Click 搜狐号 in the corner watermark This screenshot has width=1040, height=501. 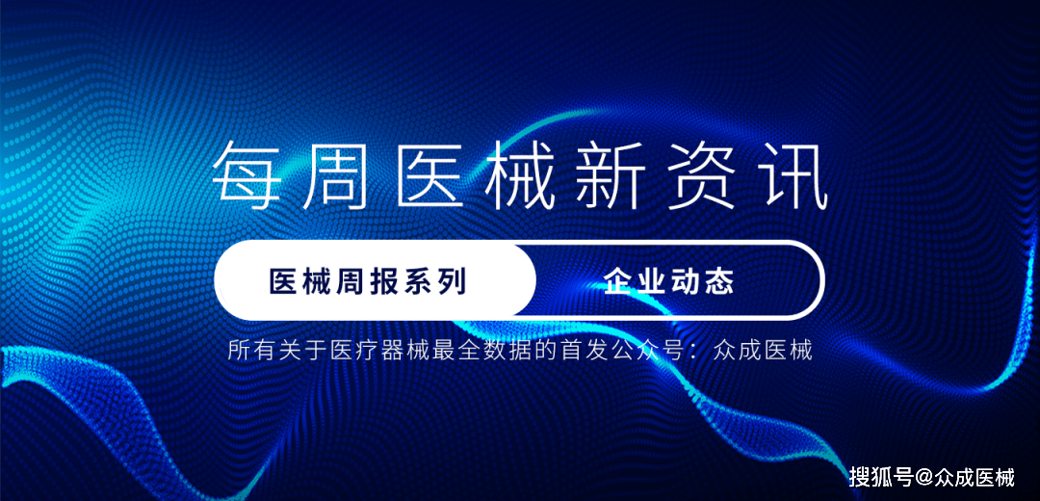pos(880,476)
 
